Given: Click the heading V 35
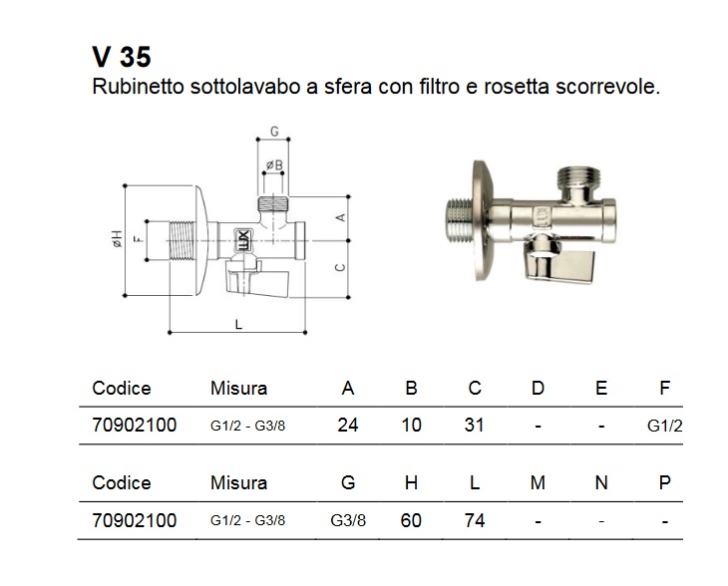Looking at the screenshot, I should (121, 56).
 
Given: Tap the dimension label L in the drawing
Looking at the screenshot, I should (237, 323).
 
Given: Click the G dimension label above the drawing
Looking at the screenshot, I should (273, 132).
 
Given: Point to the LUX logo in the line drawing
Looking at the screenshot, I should (242, 239).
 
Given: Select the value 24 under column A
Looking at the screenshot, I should (347, 426).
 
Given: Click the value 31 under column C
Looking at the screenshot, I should (474, 426).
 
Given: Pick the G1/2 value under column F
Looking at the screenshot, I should (663, 427).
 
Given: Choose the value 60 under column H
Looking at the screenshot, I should (411, 520).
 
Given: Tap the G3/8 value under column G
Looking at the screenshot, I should (347, 521).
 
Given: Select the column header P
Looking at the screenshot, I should (664, 483).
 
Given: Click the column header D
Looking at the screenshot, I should (538, 389).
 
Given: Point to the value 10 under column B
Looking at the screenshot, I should (411, 426).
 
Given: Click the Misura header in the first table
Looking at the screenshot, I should (238, 389).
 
